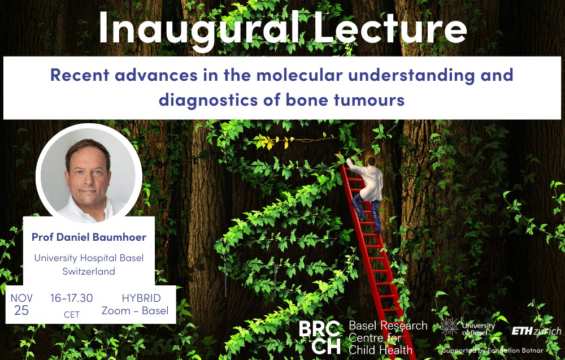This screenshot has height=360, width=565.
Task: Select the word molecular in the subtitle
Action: coord(299,75)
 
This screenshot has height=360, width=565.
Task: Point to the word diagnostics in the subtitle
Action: coord(208,100)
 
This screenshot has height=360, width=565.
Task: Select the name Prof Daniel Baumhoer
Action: coord(89,237)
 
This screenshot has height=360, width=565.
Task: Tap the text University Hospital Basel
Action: coord(89,258)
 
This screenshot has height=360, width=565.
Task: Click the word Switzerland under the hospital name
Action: coord(89,271)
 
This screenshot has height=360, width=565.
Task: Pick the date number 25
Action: coord(21,311)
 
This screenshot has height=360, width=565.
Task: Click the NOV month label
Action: coord(21,298)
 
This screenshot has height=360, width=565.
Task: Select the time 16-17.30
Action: coord(71,298)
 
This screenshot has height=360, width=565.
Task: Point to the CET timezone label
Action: coord(71,315)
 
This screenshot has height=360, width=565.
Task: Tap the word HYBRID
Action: coord(141,298)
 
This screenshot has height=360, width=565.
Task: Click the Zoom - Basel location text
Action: coord(135,311)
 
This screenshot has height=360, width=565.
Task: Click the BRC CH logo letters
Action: coord(320,337)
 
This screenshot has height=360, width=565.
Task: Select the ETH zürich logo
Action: coord(536,331)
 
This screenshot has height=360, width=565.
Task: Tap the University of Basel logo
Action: coord(467,327)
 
